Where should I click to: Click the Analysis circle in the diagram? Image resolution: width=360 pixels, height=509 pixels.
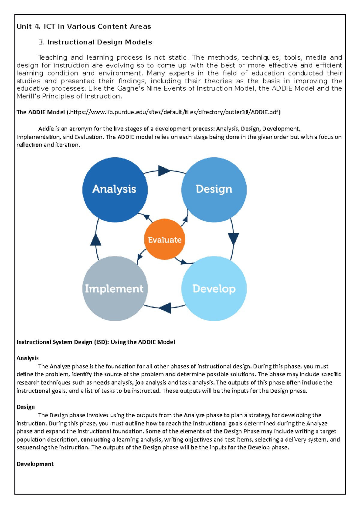tap(115, 189)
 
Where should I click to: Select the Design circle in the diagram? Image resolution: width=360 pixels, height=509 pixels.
tap(214, 189)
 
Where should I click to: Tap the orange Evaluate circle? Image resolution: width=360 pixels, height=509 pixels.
tap(164, 240)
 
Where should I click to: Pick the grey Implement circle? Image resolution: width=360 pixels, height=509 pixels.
tap(115, 288)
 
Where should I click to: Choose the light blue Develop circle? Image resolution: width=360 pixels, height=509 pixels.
tap(214, 288)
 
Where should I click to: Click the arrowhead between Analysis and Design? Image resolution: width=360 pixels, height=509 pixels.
tap(164, 171)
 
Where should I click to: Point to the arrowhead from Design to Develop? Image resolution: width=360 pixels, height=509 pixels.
tap(233, 239)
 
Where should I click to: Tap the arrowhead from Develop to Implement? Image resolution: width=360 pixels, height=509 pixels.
tap(165, 308)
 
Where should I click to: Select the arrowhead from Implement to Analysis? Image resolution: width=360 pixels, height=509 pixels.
tap(95, 240)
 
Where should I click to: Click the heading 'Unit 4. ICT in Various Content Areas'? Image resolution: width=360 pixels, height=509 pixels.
tap(84, 26)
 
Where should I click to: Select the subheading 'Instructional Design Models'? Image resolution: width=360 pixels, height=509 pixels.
tap(99, 42)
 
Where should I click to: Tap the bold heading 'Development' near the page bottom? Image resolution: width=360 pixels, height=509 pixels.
tap(35, 464)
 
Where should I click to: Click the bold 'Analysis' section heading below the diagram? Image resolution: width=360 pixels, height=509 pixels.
tap(28, 358)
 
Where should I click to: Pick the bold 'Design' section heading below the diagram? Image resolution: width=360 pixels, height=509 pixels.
tap(25, 407)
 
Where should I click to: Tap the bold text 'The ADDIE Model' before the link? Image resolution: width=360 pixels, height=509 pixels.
tap(40, 112)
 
